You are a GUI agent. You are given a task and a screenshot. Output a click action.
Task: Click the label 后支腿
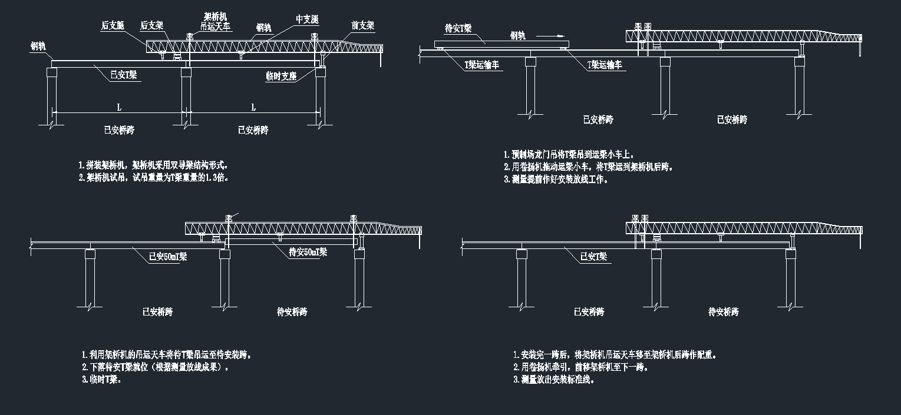113,26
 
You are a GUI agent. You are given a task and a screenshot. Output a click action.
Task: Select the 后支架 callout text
151,26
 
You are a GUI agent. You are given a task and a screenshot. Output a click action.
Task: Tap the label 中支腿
307,19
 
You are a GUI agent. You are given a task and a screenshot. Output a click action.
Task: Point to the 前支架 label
362,26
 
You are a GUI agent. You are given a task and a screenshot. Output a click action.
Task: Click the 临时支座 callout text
280,75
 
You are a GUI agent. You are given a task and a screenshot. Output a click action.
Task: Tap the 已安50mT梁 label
168,257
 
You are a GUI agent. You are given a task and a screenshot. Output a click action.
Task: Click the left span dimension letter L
119,108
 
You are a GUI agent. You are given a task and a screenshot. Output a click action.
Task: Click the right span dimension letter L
254,108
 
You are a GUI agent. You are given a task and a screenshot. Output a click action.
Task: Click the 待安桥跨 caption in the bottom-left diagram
292,311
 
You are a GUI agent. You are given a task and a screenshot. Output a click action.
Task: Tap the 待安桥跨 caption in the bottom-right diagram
724,311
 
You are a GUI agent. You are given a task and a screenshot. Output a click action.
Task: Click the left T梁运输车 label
481,65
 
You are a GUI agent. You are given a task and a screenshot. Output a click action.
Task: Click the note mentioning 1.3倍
153,177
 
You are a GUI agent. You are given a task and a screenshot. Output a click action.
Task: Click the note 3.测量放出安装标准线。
554,380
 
